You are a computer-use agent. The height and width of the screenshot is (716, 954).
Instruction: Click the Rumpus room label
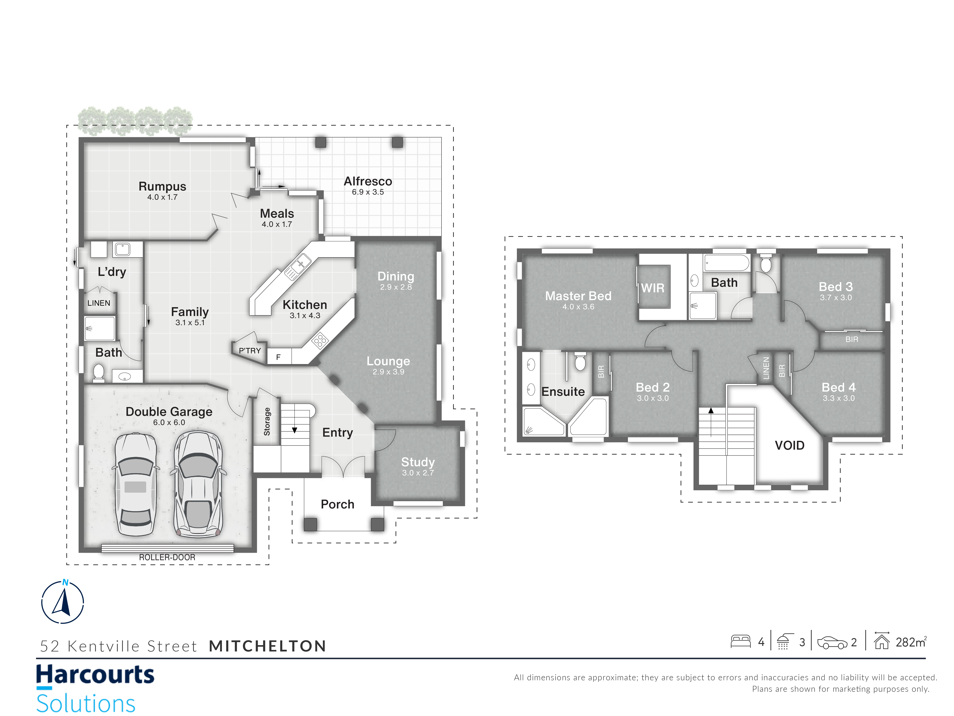point(162,186)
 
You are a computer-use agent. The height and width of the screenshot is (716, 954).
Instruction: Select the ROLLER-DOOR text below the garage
point(167,557)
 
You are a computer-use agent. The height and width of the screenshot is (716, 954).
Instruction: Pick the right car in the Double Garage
point(198,484)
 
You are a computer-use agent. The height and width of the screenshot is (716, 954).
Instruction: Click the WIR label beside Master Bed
point(653,288)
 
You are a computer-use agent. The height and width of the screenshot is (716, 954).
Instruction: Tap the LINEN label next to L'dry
point(99,303)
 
